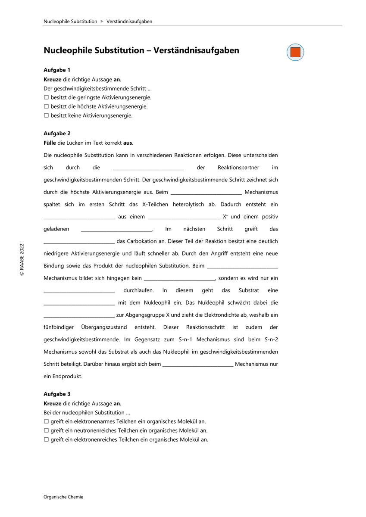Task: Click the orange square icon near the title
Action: [295, 52]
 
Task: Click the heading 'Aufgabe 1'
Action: [57, 70]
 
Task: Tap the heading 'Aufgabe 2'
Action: [57, 134]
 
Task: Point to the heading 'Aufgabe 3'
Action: [57, 394]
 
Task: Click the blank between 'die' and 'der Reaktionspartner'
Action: [148, 168]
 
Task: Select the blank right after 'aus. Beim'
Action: [206, 193]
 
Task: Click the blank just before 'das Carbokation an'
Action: [79, 242]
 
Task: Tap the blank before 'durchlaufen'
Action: [79, 291]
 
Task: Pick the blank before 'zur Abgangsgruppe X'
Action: [79, 315]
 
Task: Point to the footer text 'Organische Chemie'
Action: [63, 497]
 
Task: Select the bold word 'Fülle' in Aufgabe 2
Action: [50, 143]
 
